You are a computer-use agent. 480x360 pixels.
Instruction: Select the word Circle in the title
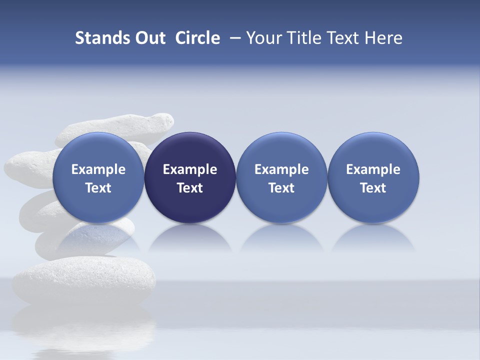coord(197,38)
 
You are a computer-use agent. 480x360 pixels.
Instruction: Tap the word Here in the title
coord(383,38)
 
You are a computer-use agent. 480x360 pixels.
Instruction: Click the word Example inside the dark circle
coord(190,169)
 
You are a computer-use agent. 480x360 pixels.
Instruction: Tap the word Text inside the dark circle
coord(190,188)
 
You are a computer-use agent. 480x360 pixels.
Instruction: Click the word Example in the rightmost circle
coord(373,169)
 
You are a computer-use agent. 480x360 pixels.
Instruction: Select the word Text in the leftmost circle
coord(98,188)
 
